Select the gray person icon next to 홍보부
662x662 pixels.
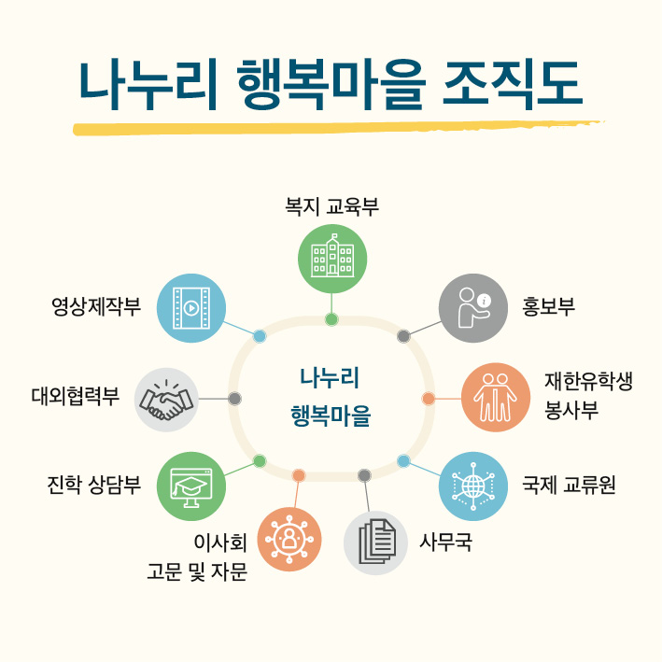pos(473,308)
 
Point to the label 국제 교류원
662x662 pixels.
pos(569,486)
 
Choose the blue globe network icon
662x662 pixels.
pos(473,486)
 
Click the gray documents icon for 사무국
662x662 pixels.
pos(376,542)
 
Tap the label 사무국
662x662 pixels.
pos(445,542)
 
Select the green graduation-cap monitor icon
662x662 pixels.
pos(192,486)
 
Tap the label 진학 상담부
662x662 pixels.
pos(93,486)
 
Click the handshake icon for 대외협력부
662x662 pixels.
pos(166,399)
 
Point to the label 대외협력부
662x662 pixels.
pos(75,398)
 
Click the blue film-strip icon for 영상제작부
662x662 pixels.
pos(191,307)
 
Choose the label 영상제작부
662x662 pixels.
pos(95,307)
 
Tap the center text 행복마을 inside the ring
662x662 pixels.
pos(331,416)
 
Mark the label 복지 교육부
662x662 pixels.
pos(331,206)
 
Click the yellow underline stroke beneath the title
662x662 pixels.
pos(336,128)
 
